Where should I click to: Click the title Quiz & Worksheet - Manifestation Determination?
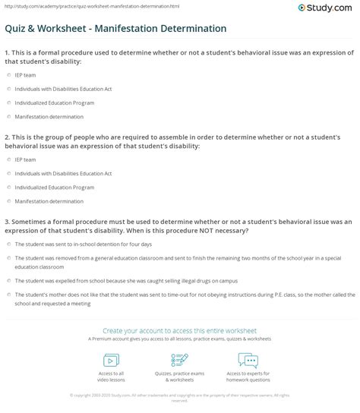pos(115,28)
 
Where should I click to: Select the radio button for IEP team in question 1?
pos(7,76)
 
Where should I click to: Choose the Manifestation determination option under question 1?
pos(7,117)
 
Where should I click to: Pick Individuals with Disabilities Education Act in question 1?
pos(7,90)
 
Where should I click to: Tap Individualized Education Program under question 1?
pos(7,103)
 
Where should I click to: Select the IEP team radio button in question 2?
pos(7,159)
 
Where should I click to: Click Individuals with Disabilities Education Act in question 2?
pos(7,173)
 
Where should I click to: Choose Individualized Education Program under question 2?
pos(7,187)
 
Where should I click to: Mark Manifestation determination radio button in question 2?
pos(7,200)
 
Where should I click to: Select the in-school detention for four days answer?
pos(7,244)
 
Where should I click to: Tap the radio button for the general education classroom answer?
pos(7,257)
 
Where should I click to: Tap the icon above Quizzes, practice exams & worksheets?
pos(179,359)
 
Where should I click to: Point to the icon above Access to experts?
pos(249,359)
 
